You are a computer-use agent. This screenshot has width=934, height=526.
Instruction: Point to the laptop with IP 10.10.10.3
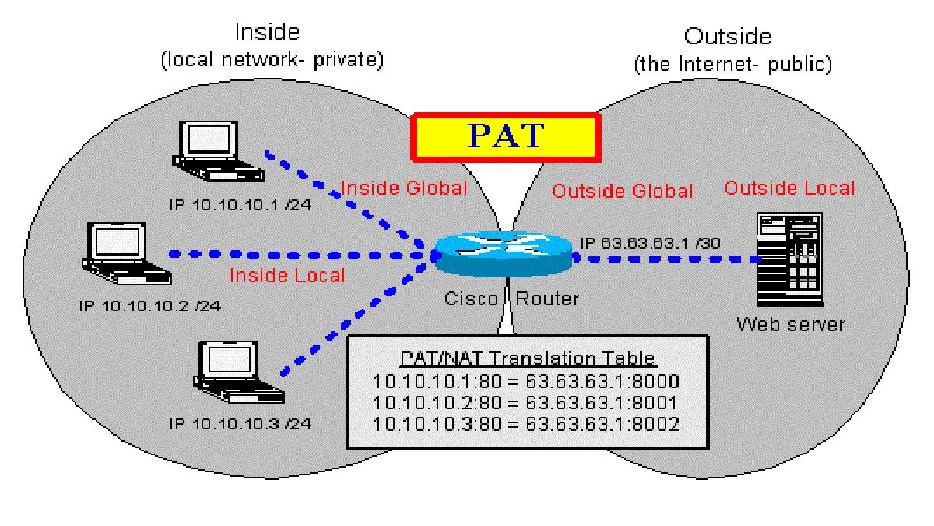[x=228, y=365]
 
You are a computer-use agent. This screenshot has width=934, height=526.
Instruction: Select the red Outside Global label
[x=622, y=191]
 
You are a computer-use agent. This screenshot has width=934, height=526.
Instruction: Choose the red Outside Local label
[x=789, y=188]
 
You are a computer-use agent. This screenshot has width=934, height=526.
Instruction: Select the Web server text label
[x=790, y=323]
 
